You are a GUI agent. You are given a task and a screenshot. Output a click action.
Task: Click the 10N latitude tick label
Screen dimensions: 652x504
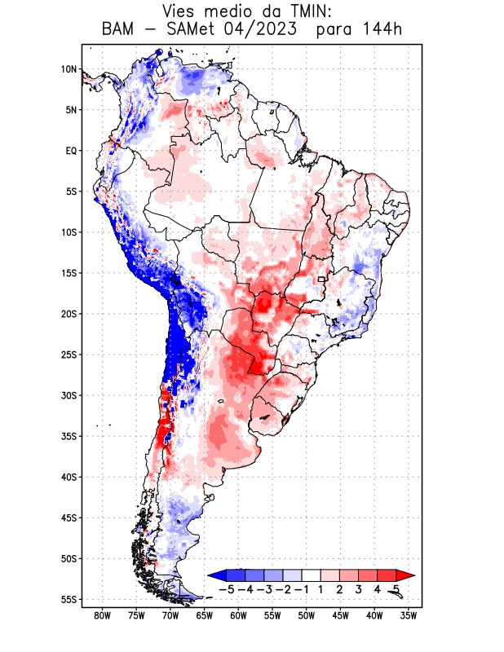click(x=69, y=69)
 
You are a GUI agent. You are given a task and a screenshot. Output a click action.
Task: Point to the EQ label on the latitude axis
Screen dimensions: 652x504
click(x=71, y=151)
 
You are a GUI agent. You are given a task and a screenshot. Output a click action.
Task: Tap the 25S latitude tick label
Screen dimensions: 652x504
click(x=68, y=355)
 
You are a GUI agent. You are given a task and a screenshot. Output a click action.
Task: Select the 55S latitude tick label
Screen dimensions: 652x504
click(x=68, y=599)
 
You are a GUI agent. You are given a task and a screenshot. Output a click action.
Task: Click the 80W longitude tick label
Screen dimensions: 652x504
click(x=102, y=615)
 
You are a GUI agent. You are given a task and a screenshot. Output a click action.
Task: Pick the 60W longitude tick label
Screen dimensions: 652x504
click(x=238, y=615)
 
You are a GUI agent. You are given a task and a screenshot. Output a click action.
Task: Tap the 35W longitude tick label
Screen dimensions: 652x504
click(x=409, y=615)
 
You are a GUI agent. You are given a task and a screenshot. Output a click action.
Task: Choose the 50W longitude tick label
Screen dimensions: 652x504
click(x=307, y=615)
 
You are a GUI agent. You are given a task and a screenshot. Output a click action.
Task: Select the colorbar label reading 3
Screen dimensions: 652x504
click(x=358, y=589)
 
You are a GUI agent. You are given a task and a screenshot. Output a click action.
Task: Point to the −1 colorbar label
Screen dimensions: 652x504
click(x=302, y=589)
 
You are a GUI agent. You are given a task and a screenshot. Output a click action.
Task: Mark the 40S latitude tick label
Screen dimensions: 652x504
click(x=68, y=477)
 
